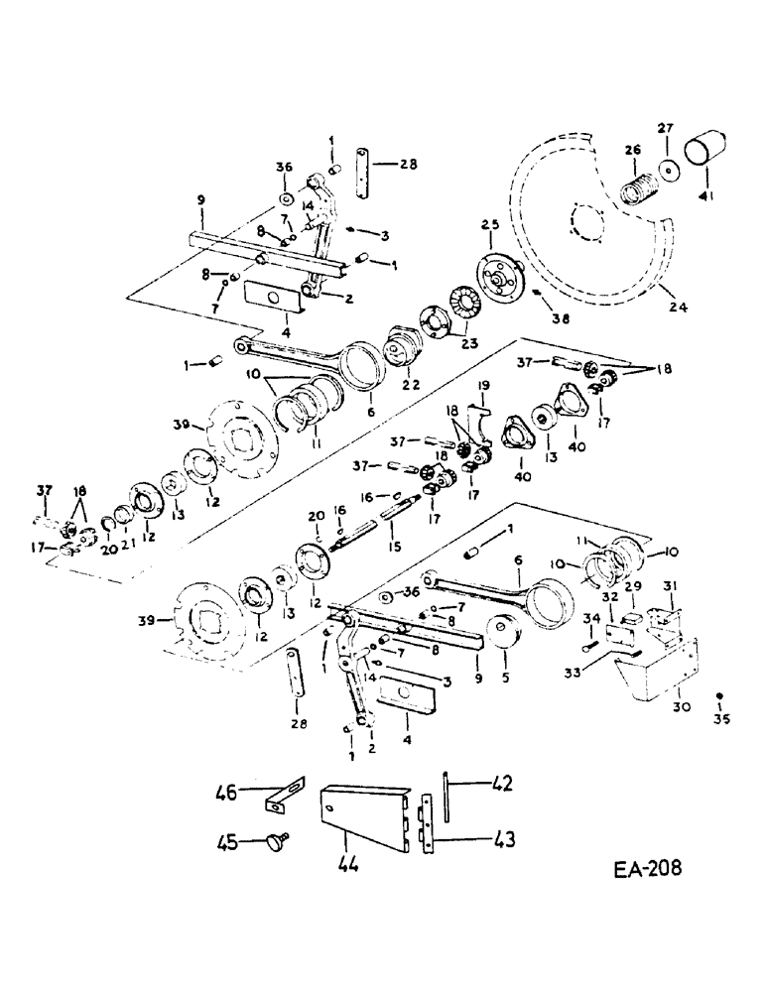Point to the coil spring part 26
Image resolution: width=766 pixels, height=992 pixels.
tap(638, 186)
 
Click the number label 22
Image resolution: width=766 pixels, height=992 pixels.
tap(407, 383)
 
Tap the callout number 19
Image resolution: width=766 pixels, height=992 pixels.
tap(484, 384)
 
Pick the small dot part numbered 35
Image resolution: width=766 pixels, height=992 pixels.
tap(721, 696)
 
